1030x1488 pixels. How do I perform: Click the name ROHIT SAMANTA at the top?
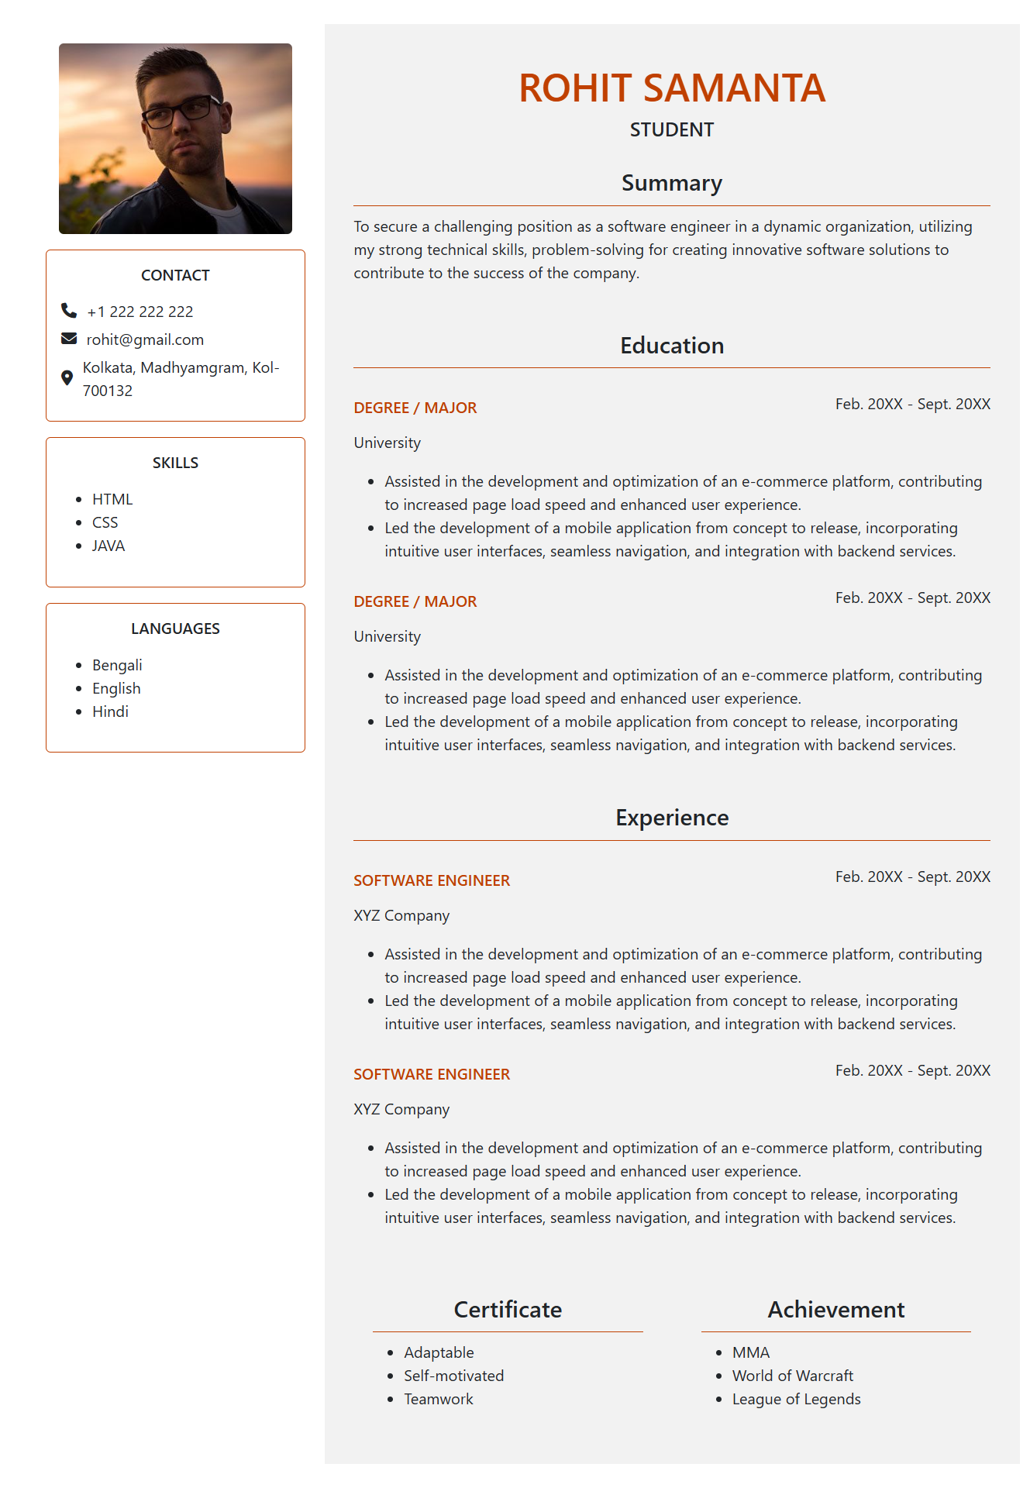point(671,88)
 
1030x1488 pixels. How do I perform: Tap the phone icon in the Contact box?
point(69,311)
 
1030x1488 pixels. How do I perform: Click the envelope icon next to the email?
point(69,339)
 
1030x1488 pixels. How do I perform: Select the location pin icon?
point(67,378)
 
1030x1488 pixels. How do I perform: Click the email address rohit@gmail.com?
point(145,339)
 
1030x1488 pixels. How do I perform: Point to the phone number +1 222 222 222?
point(140,312)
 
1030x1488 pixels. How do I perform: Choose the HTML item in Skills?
point(112,499)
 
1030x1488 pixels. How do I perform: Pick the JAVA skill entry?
point(109,546)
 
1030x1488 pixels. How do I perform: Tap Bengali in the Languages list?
point(117,665)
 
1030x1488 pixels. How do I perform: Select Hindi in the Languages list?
point(110,711)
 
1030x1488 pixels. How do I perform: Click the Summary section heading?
point(671,183)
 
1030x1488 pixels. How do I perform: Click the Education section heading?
point(671,346)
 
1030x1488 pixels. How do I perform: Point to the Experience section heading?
point(671,818)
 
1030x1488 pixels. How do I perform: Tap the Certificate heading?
point(508,1309)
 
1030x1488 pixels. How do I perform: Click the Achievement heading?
point(835,1309)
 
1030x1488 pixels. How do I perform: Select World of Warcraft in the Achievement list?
point(792,1376)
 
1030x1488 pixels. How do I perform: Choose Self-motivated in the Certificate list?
point(453,1376)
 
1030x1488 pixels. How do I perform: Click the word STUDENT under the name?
point(671,129)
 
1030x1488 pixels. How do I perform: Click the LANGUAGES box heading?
point(175,629)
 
